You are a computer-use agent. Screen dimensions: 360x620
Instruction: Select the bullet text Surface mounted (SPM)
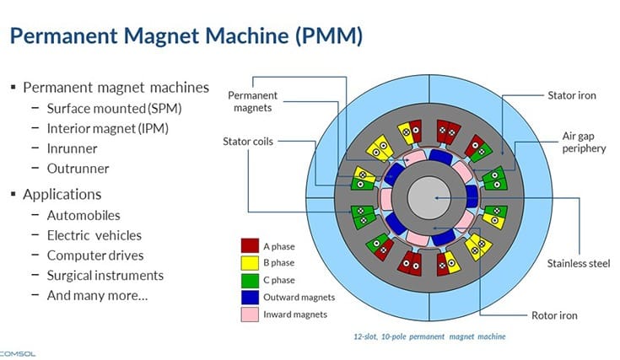115,108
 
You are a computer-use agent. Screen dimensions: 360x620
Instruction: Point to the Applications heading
62,194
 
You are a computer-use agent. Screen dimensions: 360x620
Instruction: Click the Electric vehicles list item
94,235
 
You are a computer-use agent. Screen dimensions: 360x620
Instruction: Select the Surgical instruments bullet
105,275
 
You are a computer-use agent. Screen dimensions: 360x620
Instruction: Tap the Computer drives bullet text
95,255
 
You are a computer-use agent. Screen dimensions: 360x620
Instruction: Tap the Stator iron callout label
572,95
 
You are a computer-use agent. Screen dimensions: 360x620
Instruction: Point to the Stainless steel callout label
578,263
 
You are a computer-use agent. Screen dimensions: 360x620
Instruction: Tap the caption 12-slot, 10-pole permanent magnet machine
429,336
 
